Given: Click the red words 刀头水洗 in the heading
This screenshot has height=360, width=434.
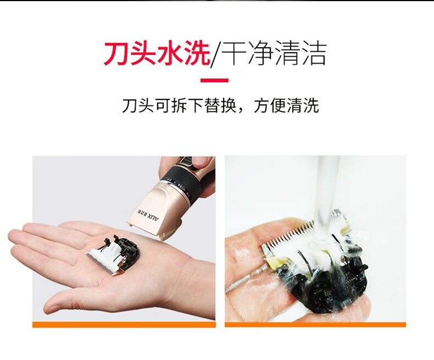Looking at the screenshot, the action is pyautogui.click(x=157, y=53).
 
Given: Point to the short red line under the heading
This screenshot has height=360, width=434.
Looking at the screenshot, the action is pyautogui.click(x=214, y=81).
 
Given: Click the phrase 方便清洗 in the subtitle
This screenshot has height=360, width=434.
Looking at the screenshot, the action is pyautogui.click(x=286, y=105).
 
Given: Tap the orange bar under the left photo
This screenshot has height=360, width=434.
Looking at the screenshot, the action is pyautogui.click(x=124, y=325).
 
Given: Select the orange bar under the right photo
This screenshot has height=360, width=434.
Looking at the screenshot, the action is pyautogui.click(x=315, y=325).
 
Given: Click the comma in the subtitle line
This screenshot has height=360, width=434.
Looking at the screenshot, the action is pyautogui.click(x=243, y=110).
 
